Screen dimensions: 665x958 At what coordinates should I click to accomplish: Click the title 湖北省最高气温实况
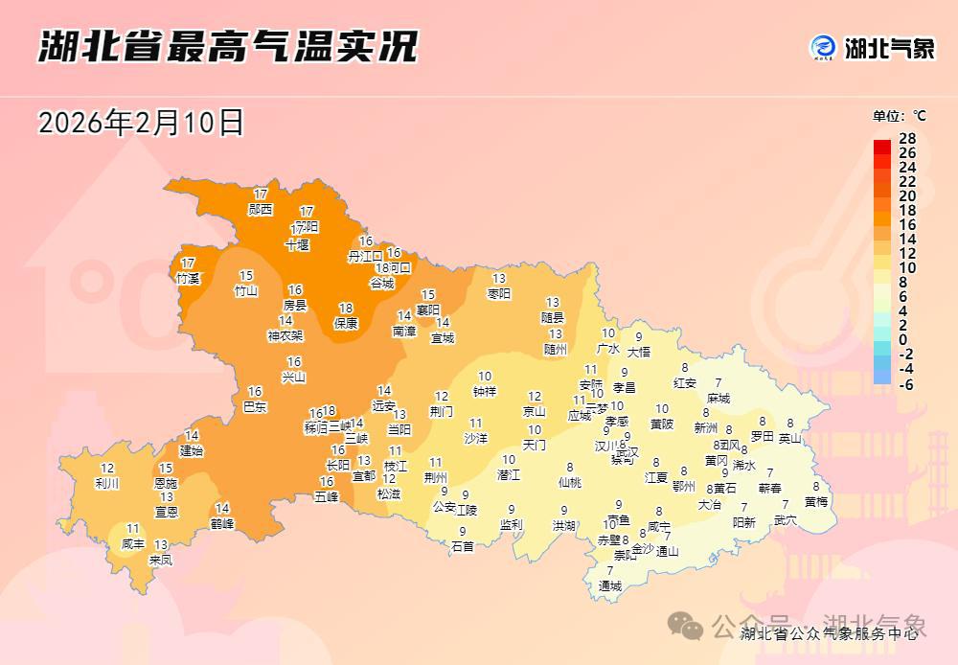tap(228, 45)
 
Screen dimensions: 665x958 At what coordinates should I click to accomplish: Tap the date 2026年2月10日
tap(141, 123)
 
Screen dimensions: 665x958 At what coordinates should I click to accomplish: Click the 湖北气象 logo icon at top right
tap(823, 47)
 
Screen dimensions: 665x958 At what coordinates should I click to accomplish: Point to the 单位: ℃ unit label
tap(900, 116)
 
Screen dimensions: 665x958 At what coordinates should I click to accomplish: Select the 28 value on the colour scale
tap(907, 139)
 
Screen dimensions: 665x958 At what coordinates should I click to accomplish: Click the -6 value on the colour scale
tap(906, 383)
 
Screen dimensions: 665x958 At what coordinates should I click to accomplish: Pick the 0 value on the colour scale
tap(903, 340)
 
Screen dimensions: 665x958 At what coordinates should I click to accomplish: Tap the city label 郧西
tap(261, 209)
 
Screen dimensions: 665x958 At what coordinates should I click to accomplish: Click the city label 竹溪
tap(188, 278)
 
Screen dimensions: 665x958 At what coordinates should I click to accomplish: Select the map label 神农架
tap(285, 335)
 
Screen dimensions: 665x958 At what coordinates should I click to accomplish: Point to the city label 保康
tap(346, 323)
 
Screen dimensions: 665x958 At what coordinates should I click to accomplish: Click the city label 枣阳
tap(499, 293)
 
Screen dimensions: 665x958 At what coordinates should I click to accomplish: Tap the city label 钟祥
tap(485, 391)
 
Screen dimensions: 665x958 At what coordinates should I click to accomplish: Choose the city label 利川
tap(107, 483)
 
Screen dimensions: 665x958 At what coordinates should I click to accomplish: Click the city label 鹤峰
tap(222, 523)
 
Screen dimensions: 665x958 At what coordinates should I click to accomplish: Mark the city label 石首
tap(463, 546)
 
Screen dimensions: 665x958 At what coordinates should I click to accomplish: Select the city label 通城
tap(610, 585)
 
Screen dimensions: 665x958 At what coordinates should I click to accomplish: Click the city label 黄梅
tap(816, 501)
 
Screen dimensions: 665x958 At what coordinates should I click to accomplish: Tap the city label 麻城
tap(718, 398)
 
